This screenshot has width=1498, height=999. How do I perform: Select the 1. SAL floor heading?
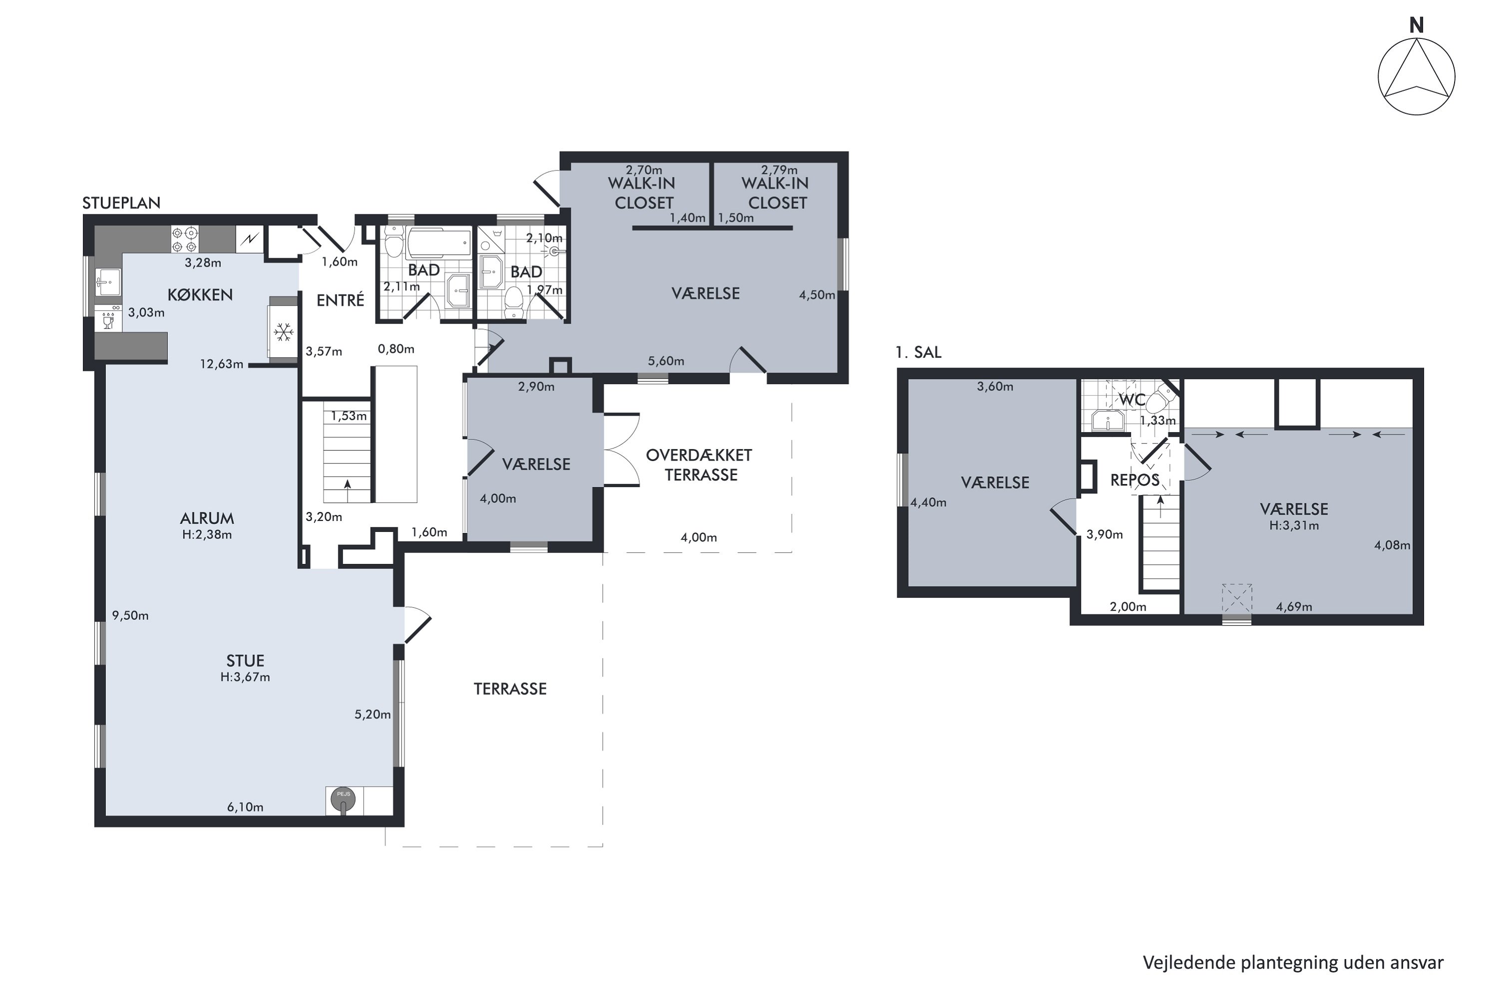[x=918, y=352]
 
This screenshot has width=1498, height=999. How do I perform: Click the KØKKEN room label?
[x=200, y=295]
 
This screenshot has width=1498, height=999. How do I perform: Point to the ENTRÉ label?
[x=340, y=300]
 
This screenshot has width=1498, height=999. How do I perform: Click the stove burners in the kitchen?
[x=185, y=240]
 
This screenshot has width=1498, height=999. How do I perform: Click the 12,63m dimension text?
[x=222, y=365]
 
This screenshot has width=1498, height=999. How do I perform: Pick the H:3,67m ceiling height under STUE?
[x=245, y=677]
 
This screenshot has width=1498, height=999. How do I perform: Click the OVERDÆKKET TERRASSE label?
[x=700, y=465]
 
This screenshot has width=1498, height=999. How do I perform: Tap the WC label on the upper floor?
[x=1132, y=400]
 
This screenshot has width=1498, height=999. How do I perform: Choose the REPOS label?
[x=1135, y=481]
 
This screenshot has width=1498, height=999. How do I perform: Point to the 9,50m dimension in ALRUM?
[x=130, y=615]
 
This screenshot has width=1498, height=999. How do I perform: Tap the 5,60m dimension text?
[x=666, y=361]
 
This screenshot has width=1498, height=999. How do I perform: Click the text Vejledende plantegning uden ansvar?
[x=1293, y=962]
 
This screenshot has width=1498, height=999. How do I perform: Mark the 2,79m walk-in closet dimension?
[x=779, y=170]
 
